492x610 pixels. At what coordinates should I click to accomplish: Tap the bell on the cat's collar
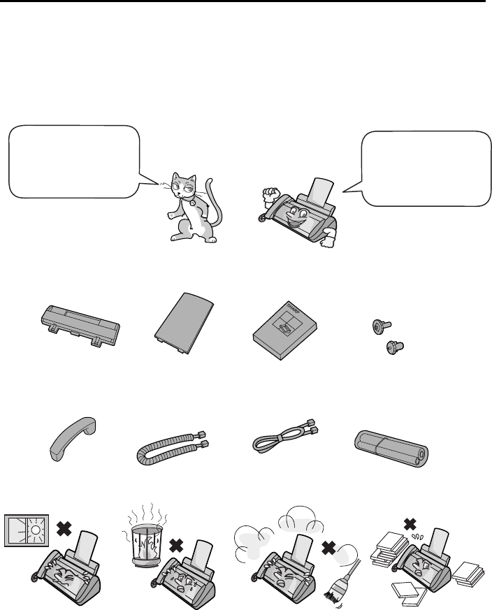tap(193, 203)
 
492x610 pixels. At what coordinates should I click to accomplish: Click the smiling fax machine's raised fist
tap(269, 193)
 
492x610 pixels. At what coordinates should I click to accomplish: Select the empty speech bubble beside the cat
tap(74, 161)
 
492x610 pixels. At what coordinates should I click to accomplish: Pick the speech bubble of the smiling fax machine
tap(426, 168)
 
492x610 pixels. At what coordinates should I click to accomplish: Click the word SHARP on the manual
tap(296, 310)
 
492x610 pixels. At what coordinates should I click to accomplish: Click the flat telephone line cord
tap(285, 436)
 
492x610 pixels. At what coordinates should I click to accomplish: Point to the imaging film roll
tap(391, 449)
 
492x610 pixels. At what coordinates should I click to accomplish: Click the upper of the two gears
tap(381, 326)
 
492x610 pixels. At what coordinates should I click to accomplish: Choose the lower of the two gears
tap(394, 347)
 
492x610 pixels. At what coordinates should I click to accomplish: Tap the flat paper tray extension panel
tap(184, 324)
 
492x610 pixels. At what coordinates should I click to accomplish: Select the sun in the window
tap(36, 530)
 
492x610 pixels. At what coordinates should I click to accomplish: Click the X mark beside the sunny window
tap(64, 528)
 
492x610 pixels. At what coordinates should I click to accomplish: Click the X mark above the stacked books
tap(410, 524)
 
